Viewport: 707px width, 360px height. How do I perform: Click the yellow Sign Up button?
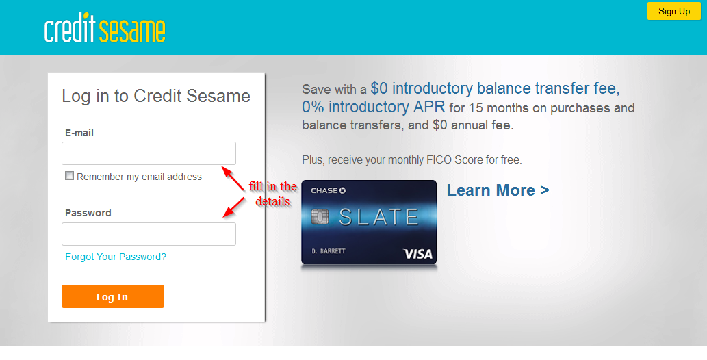click(x=674, y=11)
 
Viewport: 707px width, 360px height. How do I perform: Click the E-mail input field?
click(x=149, y=153)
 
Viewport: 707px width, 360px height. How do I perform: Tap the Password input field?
click(x=149, y=234)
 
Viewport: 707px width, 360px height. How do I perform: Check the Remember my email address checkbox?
click(x=69, y=176)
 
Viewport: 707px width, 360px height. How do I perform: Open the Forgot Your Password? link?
click(x=116, y=257)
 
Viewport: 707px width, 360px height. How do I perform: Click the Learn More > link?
click(x=498, y=190)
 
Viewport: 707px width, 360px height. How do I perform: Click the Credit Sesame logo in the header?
click(x=105, y=30)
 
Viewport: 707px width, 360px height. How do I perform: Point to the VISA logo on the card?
click(x=417, y=254)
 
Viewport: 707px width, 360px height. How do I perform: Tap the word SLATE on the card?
click(x=378, y=218)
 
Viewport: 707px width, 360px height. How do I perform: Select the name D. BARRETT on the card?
click(x=329, y=251)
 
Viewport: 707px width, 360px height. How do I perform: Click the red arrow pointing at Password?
click(x=235, y=207)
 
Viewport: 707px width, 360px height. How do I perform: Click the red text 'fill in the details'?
click(x=272, y=194)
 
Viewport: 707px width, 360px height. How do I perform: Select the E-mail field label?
click(x=79, y=133)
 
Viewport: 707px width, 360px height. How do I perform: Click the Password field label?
click(x=88, y=213)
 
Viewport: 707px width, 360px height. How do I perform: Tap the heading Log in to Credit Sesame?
click(x=156, y=96)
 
